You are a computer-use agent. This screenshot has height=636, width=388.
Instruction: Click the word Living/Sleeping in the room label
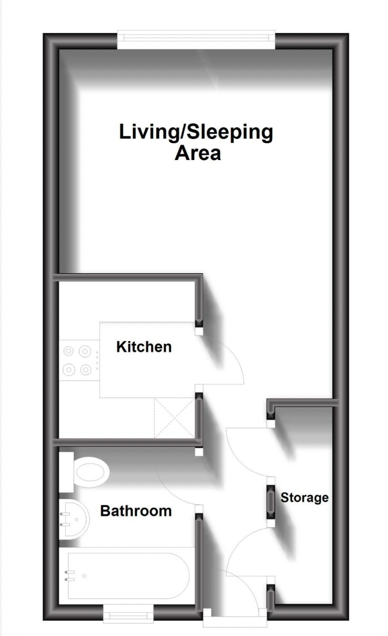(x=196, y=132)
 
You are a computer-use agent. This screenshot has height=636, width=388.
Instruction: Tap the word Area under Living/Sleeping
(x=197, y=154)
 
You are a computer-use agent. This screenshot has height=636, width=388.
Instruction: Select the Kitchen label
(x=144, y=347)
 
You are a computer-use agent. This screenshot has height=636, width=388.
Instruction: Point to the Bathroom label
(x=136, y=511)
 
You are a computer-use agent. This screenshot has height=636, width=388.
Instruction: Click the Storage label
(x=304, y=498)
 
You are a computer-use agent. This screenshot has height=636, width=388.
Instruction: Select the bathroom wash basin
(x=74, y=520)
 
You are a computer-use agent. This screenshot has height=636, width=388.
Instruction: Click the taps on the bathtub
(x=67, y=576)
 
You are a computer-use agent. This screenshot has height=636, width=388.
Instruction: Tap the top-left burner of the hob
(x=69, y=351)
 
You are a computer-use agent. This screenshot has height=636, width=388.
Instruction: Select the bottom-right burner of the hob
(x=85, y=370)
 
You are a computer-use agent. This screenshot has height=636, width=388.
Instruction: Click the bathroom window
(x=128, y=614)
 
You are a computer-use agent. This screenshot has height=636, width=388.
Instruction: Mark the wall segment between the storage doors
(x=271, y=505)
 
